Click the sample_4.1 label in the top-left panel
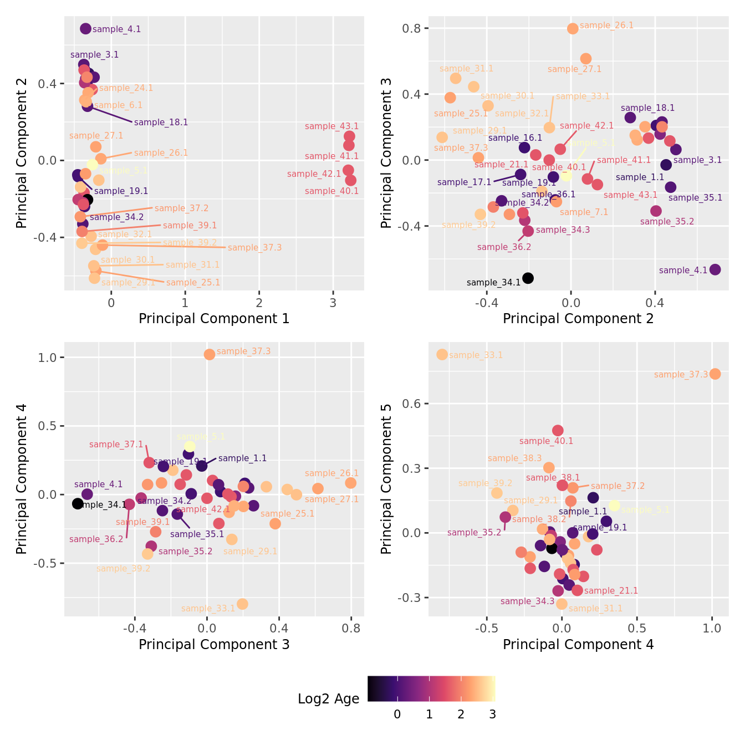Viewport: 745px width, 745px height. (x=116, y=29)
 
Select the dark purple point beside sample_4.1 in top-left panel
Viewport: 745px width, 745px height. (x=85, y=29)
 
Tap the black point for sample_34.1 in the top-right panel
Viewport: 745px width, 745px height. (x=528, y=278)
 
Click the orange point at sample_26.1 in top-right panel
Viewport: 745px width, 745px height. (x=573, y=28)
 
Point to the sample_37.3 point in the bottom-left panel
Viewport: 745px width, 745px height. (x=209, y=354)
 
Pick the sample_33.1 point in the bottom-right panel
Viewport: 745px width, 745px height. (x=442, y=354)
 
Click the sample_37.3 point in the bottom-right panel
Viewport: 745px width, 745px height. (x=715, y=374)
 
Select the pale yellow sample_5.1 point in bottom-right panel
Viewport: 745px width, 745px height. (x=614, y=506)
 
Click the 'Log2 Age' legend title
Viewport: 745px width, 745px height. (x=329, y=699)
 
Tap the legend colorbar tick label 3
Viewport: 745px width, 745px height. (x=492, y=715)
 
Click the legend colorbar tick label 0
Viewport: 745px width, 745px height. (x=397, y=715)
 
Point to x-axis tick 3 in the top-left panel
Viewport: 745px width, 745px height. (x=333, y=303)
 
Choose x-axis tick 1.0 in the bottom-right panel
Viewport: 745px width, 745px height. (x=712, y=629)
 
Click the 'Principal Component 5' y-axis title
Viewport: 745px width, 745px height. (x=386, y=478)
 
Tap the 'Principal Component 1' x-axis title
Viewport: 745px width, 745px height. (x=214, y=319)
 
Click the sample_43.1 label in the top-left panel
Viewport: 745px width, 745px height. (x=331, y=126)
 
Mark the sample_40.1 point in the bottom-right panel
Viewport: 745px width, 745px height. (x=558, y=430)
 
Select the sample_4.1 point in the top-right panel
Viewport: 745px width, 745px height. (x=715, y=269)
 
